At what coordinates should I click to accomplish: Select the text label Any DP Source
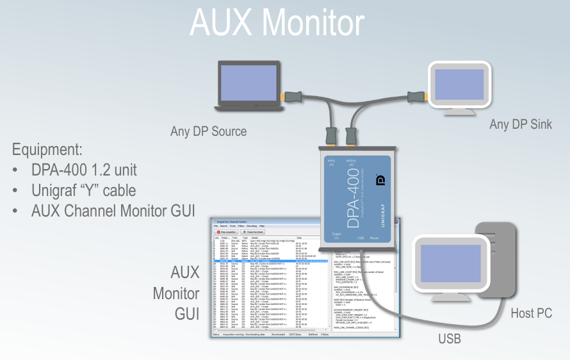(x=208, y=131)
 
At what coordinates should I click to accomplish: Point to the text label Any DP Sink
(x=521, y=124)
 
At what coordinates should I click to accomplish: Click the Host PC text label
(x=532, y=313)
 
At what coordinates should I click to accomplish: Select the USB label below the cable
(x=449, y=338)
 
